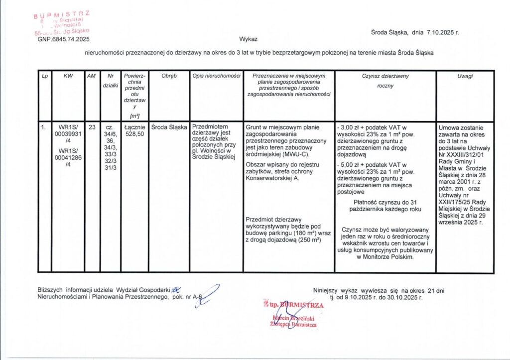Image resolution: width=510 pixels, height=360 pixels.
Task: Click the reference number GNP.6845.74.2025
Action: (x=64, y=38)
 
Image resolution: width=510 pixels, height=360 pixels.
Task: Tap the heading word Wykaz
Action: (x=248, y=38)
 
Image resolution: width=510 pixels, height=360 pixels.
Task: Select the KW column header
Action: (x=68, y=76)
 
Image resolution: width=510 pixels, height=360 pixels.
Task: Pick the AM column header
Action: (x=92, y=76)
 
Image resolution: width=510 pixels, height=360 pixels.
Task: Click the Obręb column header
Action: (x=169, y=76)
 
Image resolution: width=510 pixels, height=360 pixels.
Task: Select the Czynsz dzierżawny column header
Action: (x=385, y=76)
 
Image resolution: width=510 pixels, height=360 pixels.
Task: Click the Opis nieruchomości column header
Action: (x=216, y=76)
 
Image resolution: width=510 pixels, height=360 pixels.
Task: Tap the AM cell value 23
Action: (x=92, y=127)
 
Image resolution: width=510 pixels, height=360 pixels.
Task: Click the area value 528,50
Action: (x=134, y=134)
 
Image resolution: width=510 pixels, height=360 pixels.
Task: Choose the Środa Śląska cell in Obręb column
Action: (x=169, y=127)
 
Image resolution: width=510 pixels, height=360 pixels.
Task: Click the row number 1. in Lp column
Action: (x=44, y=127)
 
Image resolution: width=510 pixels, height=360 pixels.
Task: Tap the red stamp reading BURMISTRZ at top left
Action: (x=62, y=15)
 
